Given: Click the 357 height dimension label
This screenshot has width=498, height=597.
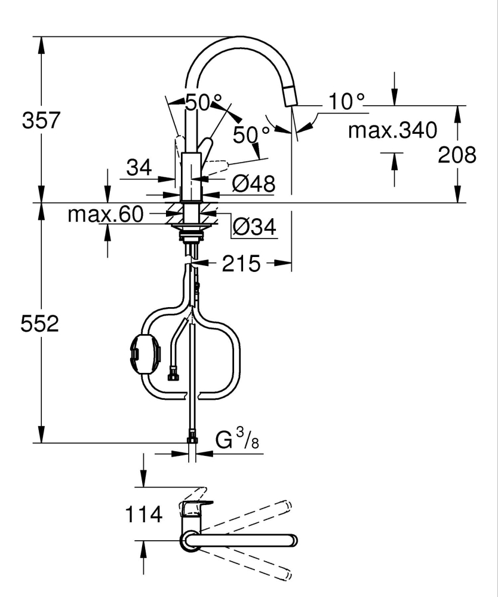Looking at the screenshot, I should coord(41,121).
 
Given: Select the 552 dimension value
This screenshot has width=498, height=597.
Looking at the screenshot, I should coord(40,324).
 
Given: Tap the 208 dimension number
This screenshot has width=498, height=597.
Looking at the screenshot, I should coord(457,155).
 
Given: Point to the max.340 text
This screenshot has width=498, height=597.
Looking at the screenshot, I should coord(392,130).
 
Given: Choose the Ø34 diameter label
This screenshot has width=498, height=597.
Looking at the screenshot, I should coord(254,226).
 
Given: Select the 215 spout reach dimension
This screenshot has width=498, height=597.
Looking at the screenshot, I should coord(242,264).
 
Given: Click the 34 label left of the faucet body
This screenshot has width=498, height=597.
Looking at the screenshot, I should coord(139,169).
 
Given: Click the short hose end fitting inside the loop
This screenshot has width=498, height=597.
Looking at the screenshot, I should coord(174,375).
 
